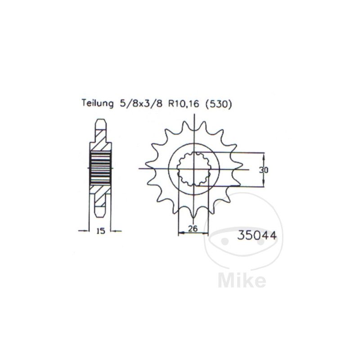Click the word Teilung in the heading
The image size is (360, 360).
click(98, 103)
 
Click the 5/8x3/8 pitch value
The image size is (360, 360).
click(141, 104)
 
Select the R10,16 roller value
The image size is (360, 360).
click(184, 104)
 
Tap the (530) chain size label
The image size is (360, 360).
click(218, 104)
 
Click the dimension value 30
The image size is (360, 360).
click(264, 170)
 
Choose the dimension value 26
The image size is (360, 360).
click(193, 229)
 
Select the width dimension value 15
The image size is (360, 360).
click(100, 231)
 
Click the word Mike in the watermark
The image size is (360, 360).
click(242, 280)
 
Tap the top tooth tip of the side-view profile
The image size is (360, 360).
click(101, 120)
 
